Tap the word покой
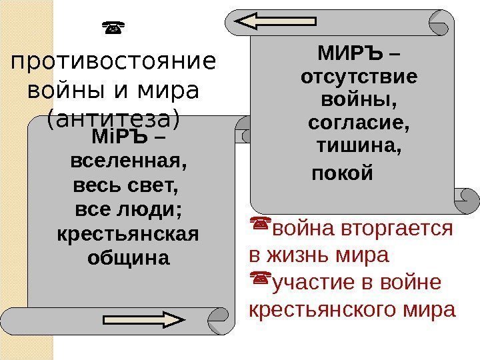click(342, 174)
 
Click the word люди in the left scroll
click(150, 211)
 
